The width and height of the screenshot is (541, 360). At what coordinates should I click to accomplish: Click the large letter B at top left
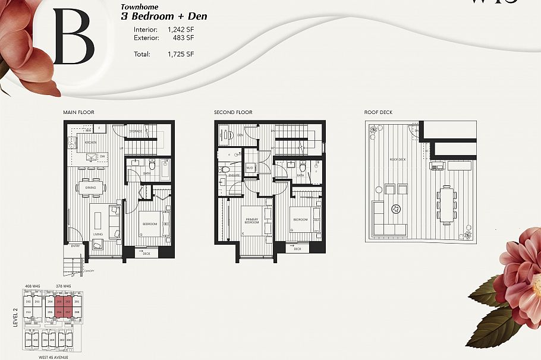(74, 37)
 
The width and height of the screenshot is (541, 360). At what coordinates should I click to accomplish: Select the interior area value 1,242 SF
(181, 29)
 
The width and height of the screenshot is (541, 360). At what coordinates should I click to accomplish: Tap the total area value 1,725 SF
(181, 54)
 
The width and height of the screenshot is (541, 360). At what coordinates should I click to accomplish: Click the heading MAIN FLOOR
(78, 112)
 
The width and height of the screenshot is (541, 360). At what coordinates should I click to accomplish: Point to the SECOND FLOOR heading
(233, 112)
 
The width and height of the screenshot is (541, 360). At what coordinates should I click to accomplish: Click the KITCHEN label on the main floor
(90, 143)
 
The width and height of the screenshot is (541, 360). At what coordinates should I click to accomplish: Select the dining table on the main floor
(91, 188)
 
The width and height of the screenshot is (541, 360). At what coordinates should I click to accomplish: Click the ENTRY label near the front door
(75, 245)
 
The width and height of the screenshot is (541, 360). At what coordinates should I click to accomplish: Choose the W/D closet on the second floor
(250, 168)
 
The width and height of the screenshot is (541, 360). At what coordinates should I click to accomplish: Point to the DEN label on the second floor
(241, 135)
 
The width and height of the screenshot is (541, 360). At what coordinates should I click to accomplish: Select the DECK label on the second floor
(297, 249)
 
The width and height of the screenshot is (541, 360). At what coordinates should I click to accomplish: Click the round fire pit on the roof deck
(396, 209)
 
